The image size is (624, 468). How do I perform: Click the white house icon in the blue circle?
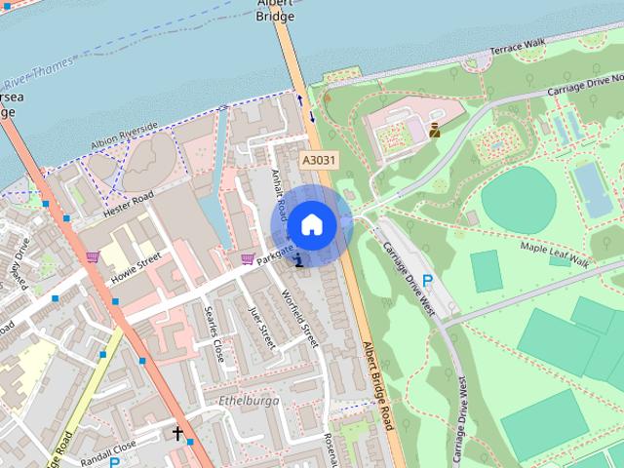(x=311, y=225)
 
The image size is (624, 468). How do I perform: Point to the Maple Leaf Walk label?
(x=555, y=255)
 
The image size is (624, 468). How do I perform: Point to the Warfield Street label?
(x=299, y=317)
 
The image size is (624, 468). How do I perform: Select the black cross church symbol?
(x=178, y=433)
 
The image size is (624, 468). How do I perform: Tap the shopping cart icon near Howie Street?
(x=93, y=257)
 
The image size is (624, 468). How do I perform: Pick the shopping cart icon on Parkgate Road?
(x=248, y=259)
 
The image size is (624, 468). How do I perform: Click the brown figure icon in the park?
(x=434, y=127)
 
